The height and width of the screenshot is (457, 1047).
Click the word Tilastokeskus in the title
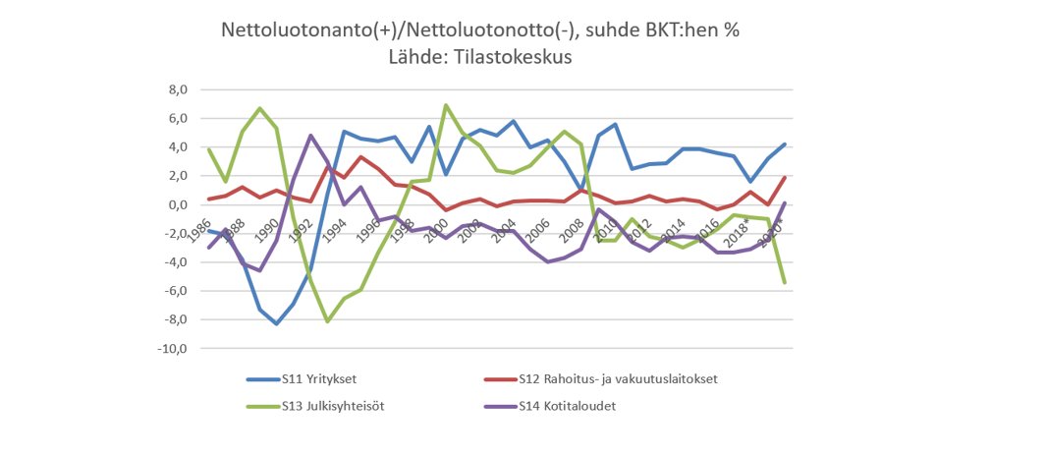click(x=520, y=58)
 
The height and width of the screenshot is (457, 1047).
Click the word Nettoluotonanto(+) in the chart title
click(x=303, y=30)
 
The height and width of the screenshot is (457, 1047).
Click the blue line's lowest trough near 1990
click(x=277, y=324)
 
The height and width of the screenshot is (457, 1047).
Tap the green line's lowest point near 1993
click(x=327, y=321)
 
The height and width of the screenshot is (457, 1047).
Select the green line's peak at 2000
click(x=446, y=105)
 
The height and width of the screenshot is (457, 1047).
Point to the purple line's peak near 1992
click(x=310, y=136)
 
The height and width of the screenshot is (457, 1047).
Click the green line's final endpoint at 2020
click(x=785, y=283)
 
